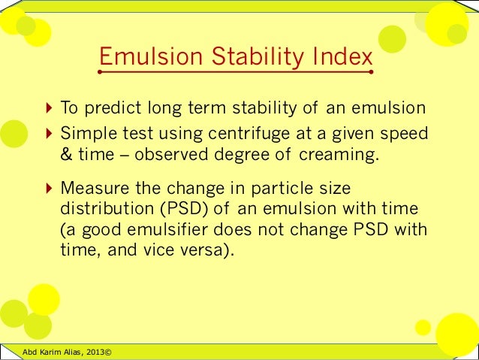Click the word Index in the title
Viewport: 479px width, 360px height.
coord(341,57)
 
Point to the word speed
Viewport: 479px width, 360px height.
coord(406,134)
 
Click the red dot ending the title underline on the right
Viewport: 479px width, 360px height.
coord(372,73)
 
